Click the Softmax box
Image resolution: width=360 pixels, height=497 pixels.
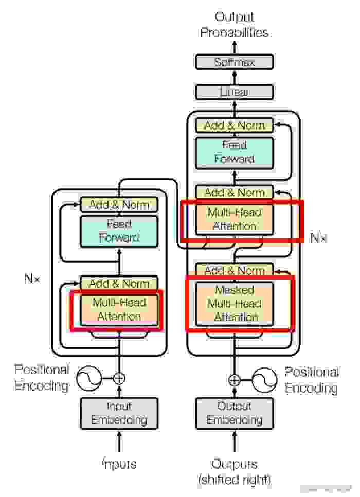[235, 62]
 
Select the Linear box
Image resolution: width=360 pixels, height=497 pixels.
[235, 92]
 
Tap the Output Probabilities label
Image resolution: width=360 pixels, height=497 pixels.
[235, 25]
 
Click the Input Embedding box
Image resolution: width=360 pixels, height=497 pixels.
[119, 413]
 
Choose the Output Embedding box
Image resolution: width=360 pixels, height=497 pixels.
[235, 413]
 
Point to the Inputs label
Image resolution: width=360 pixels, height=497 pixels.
[119, 464]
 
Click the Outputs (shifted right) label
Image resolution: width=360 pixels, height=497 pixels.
[235, 472]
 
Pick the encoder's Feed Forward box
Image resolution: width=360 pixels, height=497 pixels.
[119, 231]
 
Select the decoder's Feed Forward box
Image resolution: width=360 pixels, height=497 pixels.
[235, 152]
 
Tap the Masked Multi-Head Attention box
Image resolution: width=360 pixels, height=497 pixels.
[235, 303]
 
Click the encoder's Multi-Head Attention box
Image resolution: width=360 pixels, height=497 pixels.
[119, 309]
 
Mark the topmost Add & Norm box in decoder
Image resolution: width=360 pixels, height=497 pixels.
[235, 125]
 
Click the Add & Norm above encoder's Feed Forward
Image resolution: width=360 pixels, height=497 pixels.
[119, 205]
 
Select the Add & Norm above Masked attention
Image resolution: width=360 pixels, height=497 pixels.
[235, 270]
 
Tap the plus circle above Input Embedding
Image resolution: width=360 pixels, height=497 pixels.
[119, 379]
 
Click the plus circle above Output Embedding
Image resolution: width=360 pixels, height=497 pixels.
[235, 380]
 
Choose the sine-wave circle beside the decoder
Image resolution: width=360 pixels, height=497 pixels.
[265, 380]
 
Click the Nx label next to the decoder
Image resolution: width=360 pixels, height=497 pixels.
[318, 238]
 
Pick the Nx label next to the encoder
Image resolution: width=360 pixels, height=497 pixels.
[32, 280]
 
